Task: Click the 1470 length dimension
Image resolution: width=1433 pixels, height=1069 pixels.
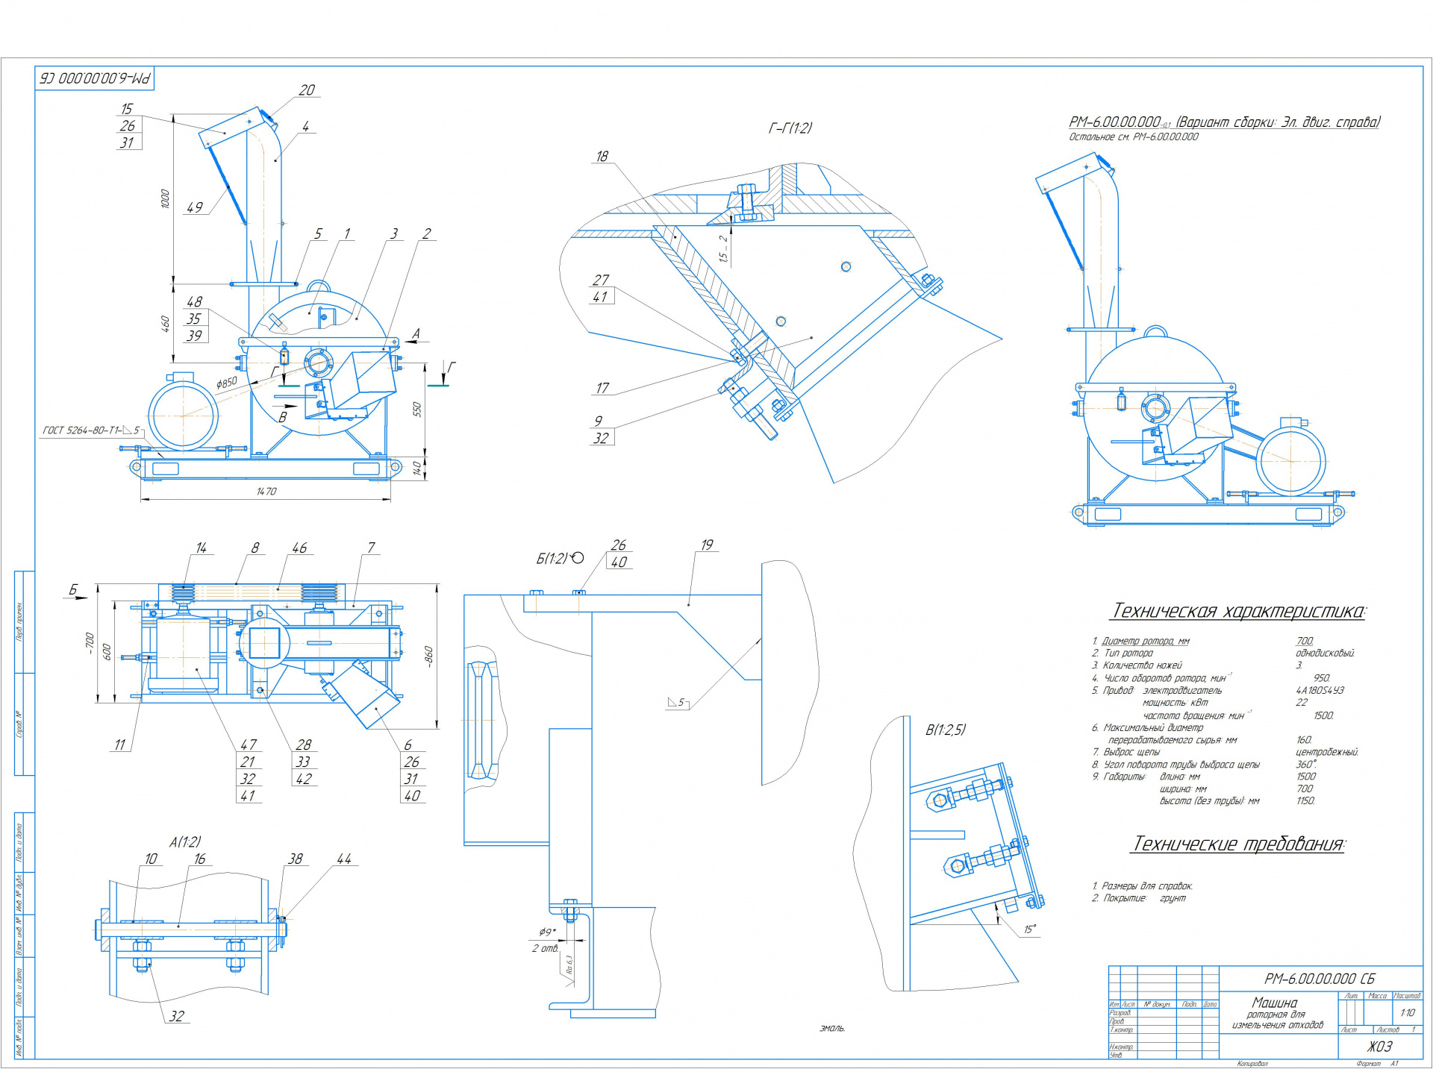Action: pyautogui.click(x=266, y=492)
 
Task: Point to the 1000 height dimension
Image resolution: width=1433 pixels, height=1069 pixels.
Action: pyautogui.click(x=165, y=198)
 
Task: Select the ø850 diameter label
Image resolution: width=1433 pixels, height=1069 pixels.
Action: pyautogui.click(x=227, y=383)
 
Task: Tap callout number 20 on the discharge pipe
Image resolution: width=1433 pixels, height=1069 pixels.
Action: pyautogui.click(x=307, y=90)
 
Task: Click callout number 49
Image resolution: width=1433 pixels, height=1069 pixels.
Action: pyautogui.click(x=195, y=207)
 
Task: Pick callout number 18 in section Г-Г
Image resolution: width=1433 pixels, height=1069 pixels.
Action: pyautogui.click(x=602, y=157)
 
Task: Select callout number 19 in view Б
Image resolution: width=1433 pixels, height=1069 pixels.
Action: pyautogui.click(x=707, y=545)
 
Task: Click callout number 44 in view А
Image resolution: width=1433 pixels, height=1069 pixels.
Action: pyautogui.click(x=344, y=859)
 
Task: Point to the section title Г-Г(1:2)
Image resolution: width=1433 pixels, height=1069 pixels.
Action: pyautogui.click(x=790, y=128)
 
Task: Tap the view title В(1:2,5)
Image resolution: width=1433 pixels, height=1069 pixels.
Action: pyautogui.click(x=946, y=730)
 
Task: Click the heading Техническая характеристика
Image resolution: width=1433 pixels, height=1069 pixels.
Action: pyautogui.click(x=1238, y=611)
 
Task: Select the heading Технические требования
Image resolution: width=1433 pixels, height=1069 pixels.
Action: pyautogui.click(x=1238, y=844)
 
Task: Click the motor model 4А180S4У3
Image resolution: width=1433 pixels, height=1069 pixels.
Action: pyautogui.click(x=1320, y=691)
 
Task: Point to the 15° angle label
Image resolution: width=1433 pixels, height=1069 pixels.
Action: pyautogui.click(x=1030, y=930)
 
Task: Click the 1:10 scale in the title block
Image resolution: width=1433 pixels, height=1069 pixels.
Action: pyautogui.click(x=1407, y=1012)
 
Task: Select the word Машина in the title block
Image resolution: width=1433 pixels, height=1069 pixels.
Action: pyautogui.click(x=1275, y=1003)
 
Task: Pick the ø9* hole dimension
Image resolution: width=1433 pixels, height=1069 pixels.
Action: pyautogui.click(x=547, y=932)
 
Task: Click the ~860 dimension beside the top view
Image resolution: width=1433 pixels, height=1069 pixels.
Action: pyautogui.click(x=428, y=656)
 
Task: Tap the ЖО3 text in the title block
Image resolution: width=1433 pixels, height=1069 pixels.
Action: pyautogui.click(x=1379, y=1047)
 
